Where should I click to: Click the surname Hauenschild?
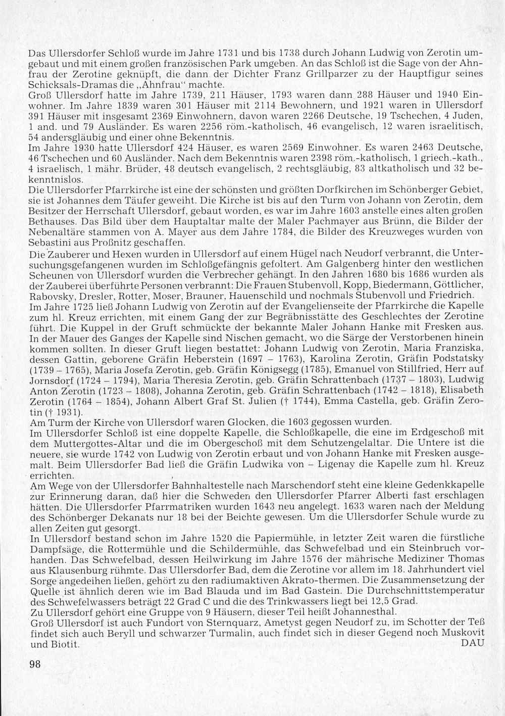coord(269,295)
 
